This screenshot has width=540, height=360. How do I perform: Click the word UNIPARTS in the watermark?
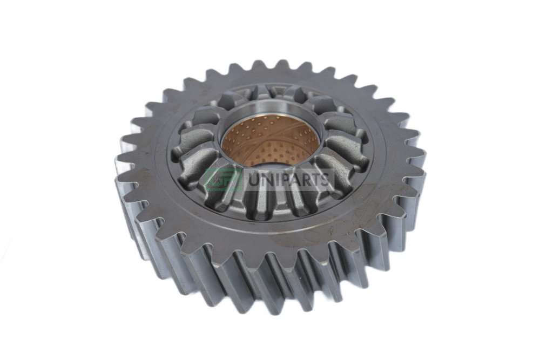point(288,180)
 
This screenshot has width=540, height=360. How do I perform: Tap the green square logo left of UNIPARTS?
point(223,180)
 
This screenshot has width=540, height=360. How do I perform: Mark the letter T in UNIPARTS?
point(317,180)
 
